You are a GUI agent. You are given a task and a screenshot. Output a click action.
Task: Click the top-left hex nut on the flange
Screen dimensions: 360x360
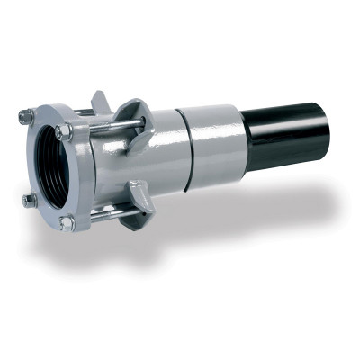pos(28,116)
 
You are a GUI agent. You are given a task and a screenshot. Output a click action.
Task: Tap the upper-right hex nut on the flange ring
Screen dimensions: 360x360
pos(64,131)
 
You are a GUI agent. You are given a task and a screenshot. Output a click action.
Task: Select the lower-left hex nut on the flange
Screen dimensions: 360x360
pos(31,201)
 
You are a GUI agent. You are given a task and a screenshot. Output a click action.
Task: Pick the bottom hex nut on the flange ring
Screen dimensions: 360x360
pos(67,222)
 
